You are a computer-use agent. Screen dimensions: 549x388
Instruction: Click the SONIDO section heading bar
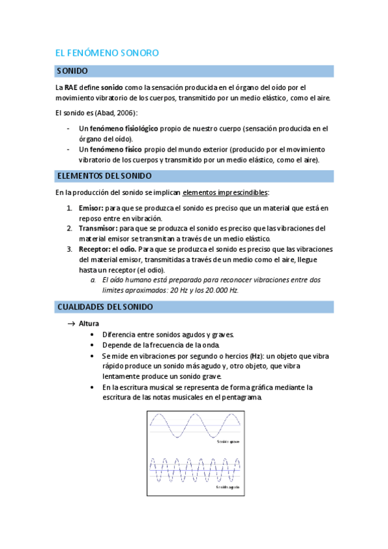tap(194, 71)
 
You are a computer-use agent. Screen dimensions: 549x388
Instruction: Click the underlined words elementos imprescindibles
tap(225, 192)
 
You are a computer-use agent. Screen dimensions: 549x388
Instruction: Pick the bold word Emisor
tap(91, 208)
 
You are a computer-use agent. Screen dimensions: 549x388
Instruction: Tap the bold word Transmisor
tap(98, 229)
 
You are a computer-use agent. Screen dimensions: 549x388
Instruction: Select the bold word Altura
tap(89, 323)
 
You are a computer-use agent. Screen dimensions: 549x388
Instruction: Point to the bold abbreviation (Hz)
tap(257, 355)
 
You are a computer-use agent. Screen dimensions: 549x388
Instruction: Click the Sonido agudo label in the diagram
tap(227, 486)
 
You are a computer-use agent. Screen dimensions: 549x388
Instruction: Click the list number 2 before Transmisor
tap(69, 229)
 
